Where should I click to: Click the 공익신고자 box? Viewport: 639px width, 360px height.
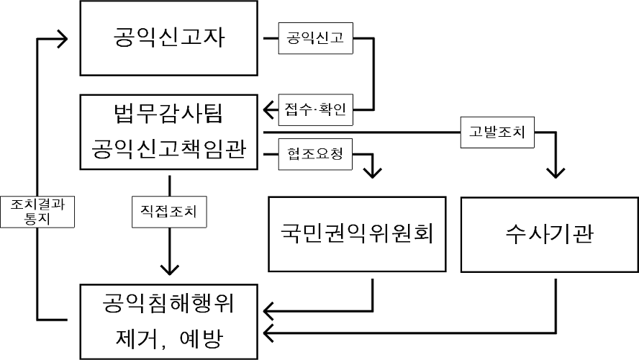(x=169, y=37)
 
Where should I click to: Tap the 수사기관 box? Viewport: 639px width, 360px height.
(x=549, y=235)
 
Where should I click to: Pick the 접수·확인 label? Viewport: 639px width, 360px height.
(x=315, y=110)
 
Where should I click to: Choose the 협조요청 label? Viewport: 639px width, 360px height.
(x=315, y=153)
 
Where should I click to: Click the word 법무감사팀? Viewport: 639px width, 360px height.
(x=170, y=114)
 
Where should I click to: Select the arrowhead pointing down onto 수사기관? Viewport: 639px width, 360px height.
(x=556, y=172)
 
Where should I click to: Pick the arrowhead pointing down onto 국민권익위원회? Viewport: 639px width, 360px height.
(x=373, y=172)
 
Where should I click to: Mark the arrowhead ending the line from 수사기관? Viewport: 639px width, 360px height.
(x=271, y=333)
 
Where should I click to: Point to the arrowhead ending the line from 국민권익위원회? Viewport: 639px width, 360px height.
(x=271, y=311)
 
